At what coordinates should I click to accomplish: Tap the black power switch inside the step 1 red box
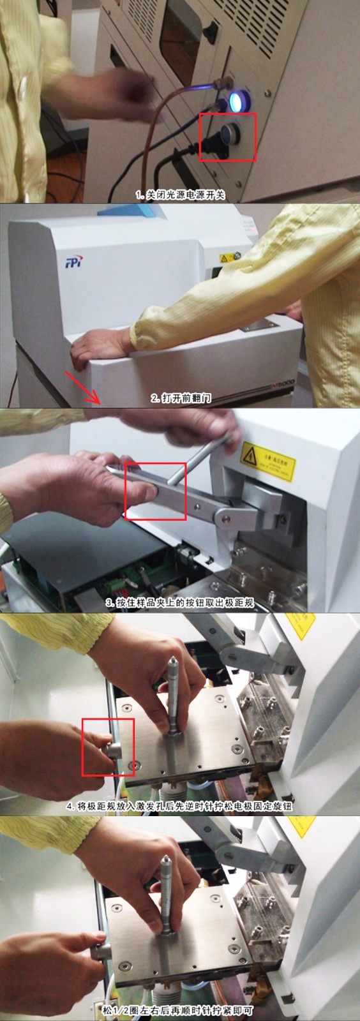coord(229,135)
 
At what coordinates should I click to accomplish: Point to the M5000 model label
coord(270,389)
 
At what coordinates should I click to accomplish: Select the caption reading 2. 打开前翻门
coord(181,398)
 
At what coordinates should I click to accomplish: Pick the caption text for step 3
coord(180,602)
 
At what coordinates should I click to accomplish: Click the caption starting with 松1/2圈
coord(181,1011)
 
